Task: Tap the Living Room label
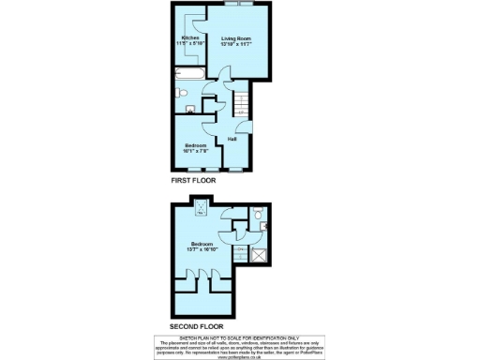click(236, 38)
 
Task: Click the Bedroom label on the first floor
click(195, 145)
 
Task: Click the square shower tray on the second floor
click(259, 254)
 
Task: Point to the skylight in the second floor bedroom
click(201, 208)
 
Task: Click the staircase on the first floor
click(240, 101)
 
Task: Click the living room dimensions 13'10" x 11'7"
click(236, 44)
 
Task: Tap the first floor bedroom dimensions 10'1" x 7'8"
click(195, 151)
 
